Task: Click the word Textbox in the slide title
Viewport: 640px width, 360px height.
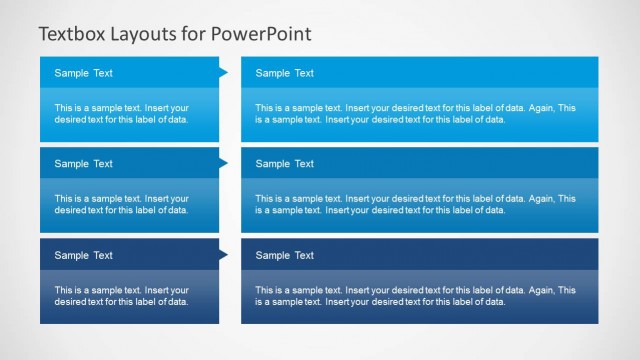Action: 73,34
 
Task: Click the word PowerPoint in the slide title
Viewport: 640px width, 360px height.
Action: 262,34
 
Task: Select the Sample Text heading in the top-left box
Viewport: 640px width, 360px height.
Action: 84,73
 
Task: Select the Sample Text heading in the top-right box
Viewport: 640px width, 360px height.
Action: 285,73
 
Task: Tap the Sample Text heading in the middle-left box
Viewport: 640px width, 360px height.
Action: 84,164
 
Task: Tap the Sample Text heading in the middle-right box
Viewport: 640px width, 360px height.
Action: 285,164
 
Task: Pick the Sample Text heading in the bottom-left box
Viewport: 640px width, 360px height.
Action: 84,255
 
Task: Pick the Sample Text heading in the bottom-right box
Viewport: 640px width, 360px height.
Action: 285,255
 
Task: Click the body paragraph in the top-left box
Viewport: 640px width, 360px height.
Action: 122,114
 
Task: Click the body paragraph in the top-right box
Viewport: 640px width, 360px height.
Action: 415,114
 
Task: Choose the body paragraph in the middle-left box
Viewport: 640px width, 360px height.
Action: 122,205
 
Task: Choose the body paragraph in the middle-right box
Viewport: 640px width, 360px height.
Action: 415,205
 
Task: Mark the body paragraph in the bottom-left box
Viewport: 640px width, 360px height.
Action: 122,296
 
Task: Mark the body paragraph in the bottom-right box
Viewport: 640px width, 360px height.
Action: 415,296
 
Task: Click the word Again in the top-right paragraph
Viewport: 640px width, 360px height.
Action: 539,108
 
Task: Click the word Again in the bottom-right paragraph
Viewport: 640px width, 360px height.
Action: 539,290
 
